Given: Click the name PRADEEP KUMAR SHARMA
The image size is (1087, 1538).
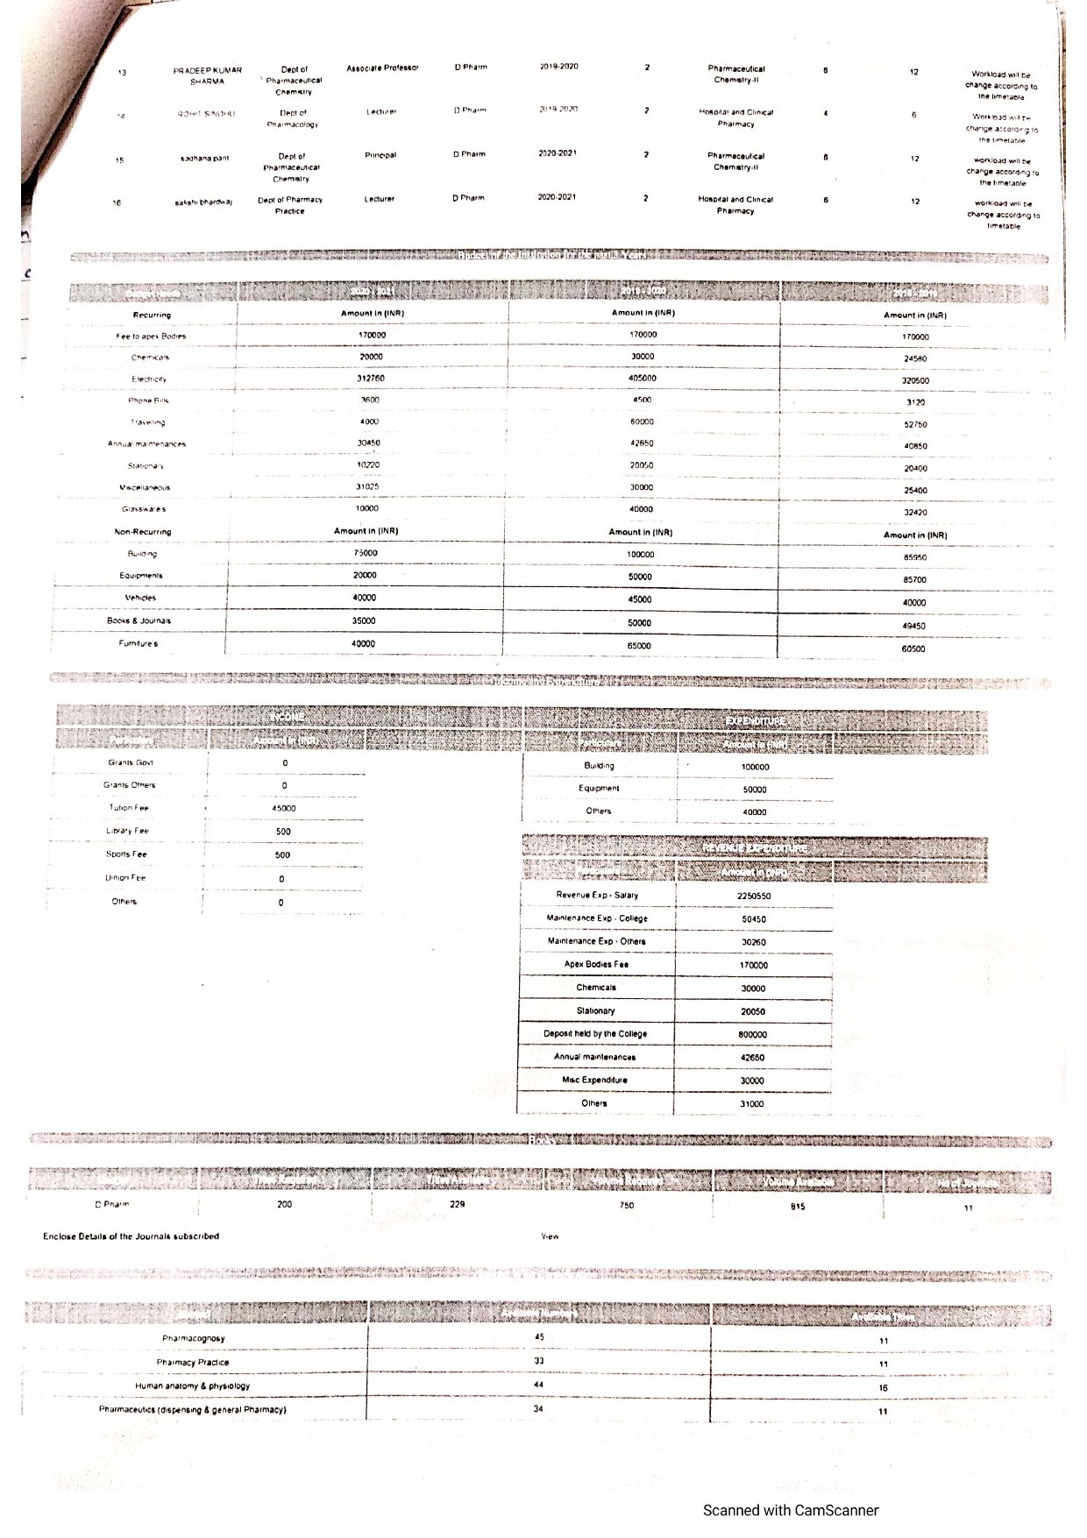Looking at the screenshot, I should (x=208, y=75).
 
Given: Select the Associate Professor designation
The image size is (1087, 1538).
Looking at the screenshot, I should (x=382, y=68).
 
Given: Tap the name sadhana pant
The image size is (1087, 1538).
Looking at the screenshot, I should (x=204, y=159).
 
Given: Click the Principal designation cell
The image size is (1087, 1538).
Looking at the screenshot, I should (x=380, y=155).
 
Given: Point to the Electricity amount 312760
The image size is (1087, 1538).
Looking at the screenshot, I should (x=372, y=379).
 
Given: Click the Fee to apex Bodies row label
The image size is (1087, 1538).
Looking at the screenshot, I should (x=151, y=337).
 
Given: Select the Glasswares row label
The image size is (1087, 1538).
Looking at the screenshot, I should (x=145, y=509).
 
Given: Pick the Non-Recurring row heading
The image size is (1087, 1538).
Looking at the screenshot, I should (x=143, y=532).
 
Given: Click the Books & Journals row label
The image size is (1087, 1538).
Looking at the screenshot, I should (x=139, y=620).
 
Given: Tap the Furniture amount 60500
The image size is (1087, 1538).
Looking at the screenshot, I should (x=913, y=649).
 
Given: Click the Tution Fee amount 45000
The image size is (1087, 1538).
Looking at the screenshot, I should (x=283, y=809).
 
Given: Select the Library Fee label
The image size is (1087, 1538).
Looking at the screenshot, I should (x=127, y=831).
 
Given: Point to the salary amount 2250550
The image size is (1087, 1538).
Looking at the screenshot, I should (x=754, y=897).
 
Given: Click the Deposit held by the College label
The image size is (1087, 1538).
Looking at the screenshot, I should (x=595, y=1034).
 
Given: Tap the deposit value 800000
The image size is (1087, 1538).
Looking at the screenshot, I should (x=753, y=1035).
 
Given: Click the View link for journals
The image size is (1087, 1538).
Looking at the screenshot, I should (x=550, y=1237).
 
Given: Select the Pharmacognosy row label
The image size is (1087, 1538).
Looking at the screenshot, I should (x=194, y=1338).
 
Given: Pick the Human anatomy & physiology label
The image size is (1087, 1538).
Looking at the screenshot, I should (x=192, y=1386).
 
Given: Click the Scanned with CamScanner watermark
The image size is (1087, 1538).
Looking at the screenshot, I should (x=790, y=1510).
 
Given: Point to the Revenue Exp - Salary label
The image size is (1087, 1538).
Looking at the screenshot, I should (x=597, y=895).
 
